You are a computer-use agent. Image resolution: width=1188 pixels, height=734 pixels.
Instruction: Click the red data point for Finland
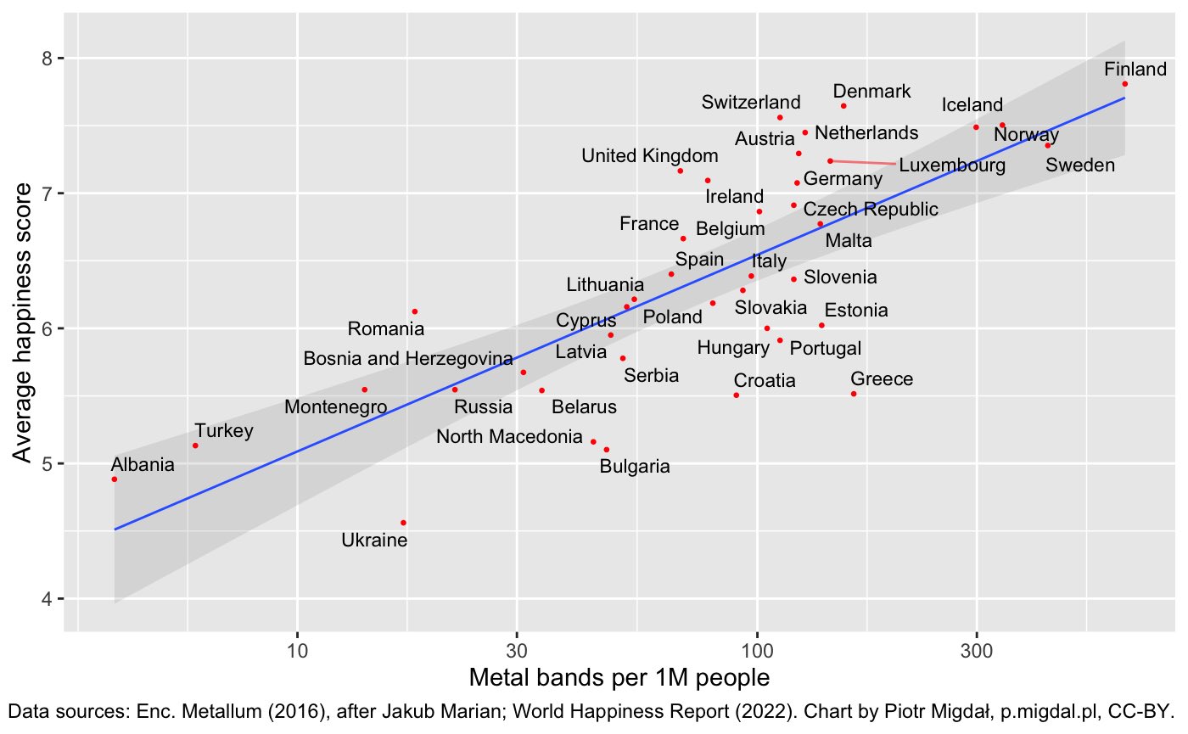[1124, 84]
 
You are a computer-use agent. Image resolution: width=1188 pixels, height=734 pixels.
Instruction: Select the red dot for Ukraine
[403, 523]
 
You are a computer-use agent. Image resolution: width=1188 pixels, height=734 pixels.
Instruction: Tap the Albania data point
[115, 479]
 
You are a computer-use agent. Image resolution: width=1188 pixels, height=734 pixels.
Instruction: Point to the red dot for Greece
[854, 394]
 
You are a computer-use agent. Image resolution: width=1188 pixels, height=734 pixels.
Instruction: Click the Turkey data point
[195, 445]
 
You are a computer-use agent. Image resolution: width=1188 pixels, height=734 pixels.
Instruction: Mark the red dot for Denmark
[843, 106]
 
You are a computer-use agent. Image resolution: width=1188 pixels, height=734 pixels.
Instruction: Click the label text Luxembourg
[952, 165]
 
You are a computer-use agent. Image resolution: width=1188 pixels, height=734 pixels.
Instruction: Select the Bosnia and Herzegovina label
[408, 359]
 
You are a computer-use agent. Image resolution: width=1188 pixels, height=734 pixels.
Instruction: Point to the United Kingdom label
[650, 156]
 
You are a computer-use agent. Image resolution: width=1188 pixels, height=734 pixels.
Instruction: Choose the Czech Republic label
[871, 209]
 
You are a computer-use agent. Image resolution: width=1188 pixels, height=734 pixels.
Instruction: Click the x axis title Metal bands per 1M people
[619, 679]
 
